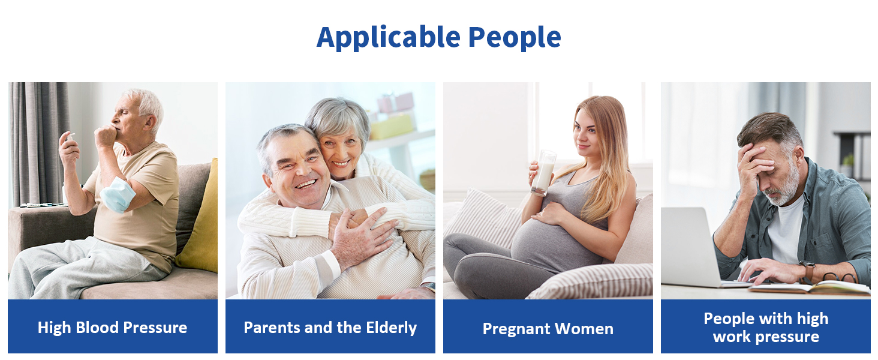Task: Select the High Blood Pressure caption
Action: pyautogui.click(x=113, y=328)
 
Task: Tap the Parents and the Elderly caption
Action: pyautogui.click(x=330, y=328)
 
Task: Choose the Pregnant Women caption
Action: pyautogui.click(x=548, y=329)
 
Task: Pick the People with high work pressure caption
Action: pyautogui.click(x=766, y=328)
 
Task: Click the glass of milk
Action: pyautogui.click(x=545, y=173)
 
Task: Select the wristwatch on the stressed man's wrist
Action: pyautogui.click(x=807, y=271)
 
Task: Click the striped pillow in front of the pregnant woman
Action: pyautogui.click(x=591, y=282)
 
